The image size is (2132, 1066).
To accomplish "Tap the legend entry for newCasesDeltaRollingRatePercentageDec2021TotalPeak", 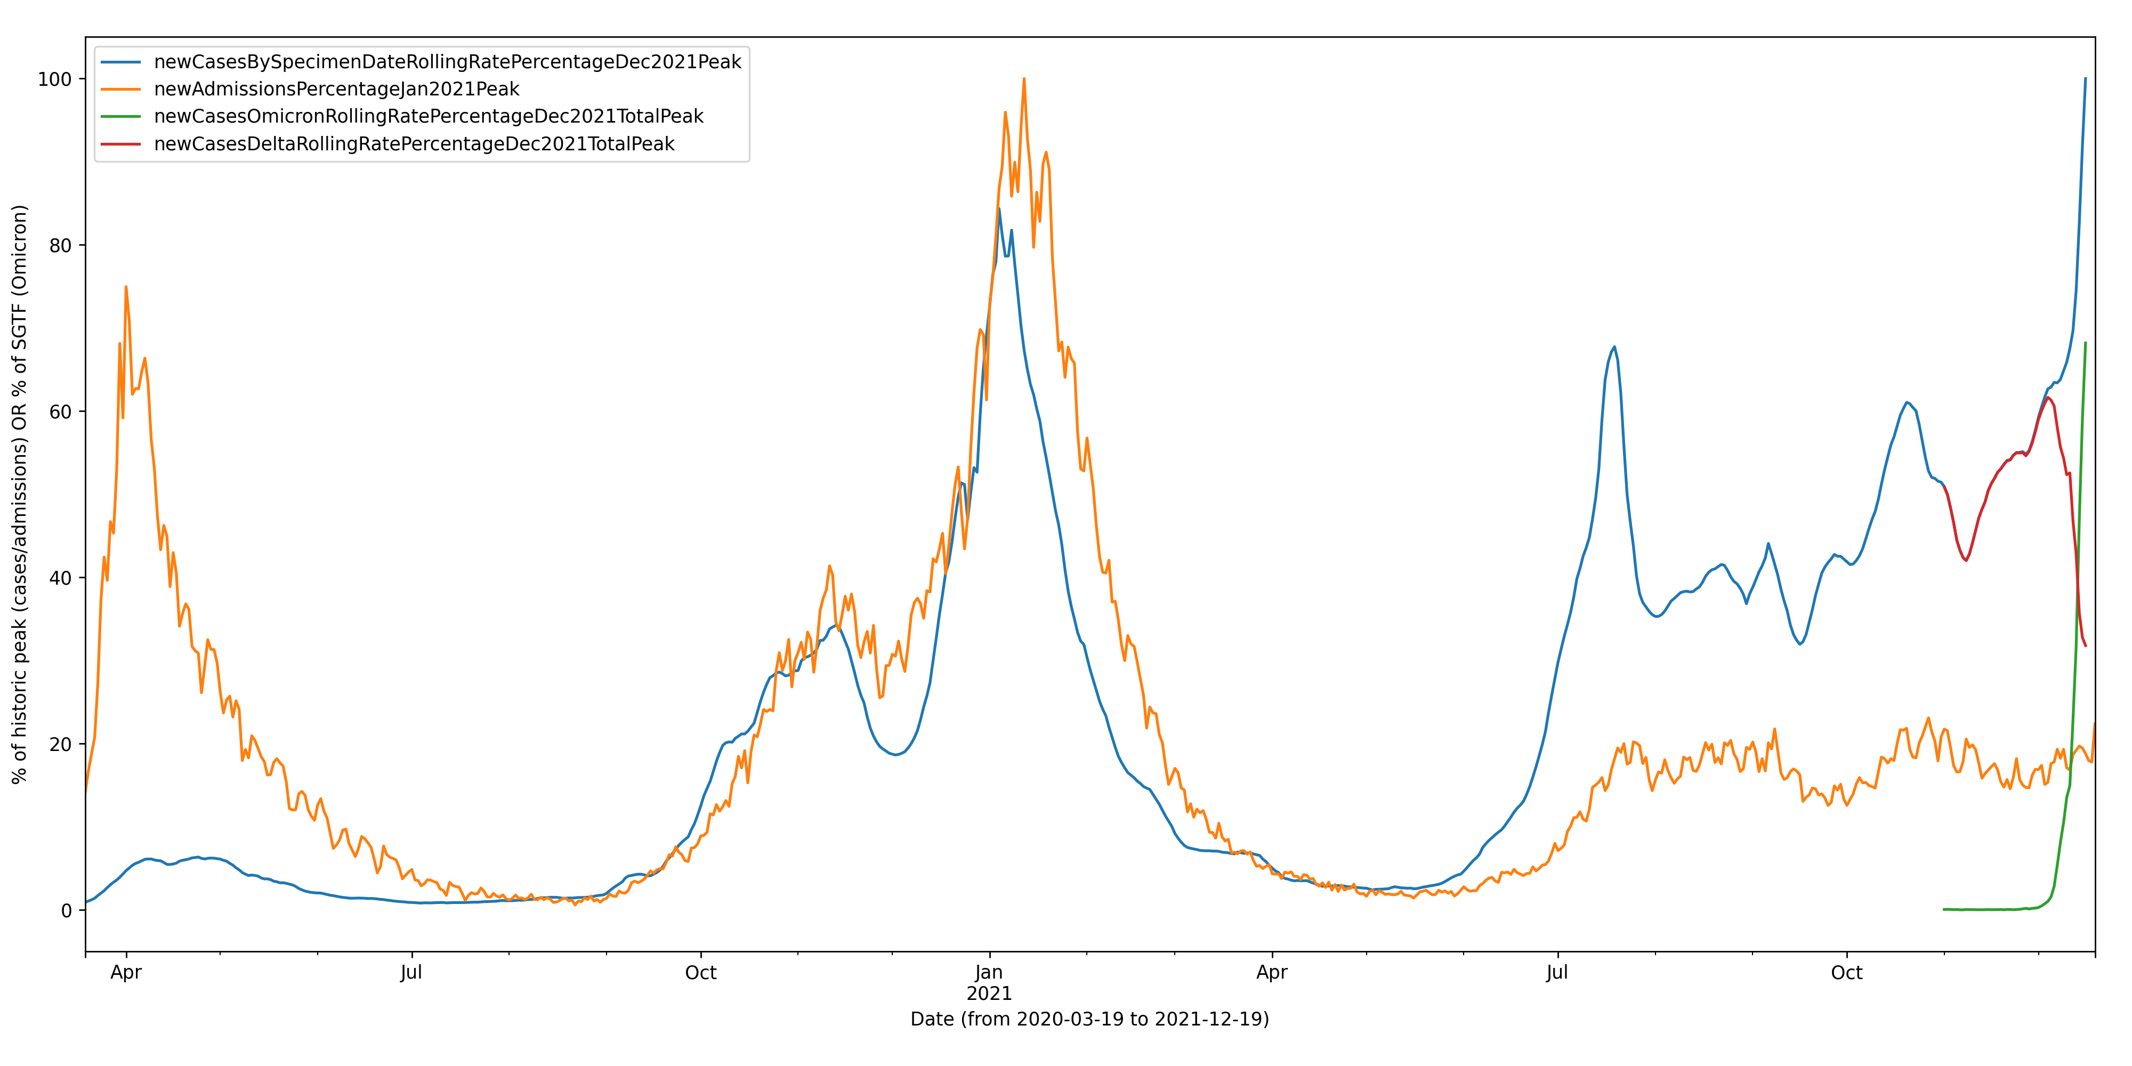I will click(x=414, y=144).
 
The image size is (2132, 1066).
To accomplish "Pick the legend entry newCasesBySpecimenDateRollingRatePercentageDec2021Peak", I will click(x=447, y=62).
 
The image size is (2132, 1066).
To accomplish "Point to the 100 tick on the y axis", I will click(x=55, y=79).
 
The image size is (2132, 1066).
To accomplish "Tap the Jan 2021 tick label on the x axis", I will click(x=989, y=982).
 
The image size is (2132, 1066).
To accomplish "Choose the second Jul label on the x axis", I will click(x=1557, y=973).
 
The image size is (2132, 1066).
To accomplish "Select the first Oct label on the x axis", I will click(x=701, y=973).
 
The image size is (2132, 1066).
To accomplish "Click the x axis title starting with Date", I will click(x=1089, y=1019).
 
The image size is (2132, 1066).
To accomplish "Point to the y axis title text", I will click(x=20, y=494).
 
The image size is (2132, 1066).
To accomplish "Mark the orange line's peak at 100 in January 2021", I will click(x=1024, y=79).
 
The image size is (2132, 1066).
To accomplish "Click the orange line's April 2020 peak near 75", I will click(x=126, y=287).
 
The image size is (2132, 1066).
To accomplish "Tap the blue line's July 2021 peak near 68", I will click(x=1614, y=348).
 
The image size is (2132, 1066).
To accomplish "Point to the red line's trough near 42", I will click(x=1966, y=560).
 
